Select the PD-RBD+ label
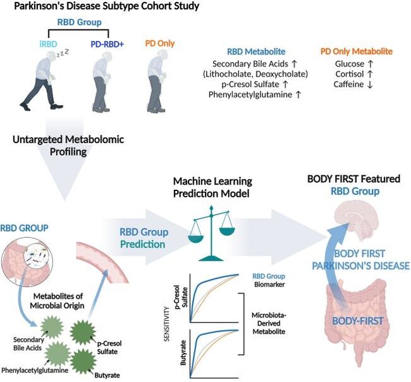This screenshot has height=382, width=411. point(106,44)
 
